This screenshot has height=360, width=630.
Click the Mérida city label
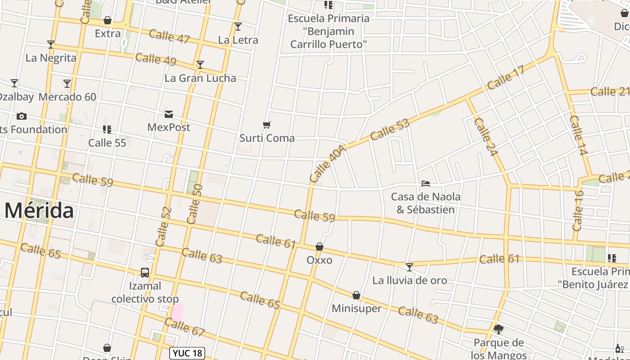pyautogui.click(x=39, y=211)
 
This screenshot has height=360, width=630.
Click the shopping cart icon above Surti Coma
pyautogui.click(x=267, y=125)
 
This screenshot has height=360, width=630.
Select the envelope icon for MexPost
pyautogui.click(x=169, y=114)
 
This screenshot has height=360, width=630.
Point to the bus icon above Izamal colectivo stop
pyautogui.click(x=145, y=273)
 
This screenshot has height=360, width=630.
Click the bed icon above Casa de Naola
pyautogui.click(x=426, y=183)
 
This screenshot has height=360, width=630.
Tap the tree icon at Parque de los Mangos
pyautogui.click(x=498, y=329)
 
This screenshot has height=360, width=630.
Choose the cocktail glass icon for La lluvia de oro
pyautogui.click(x=409, y=267)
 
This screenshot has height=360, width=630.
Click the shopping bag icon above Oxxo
pyautogui.click(x=319, y=247)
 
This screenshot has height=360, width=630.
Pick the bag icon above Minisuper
pyautogui.click(x=356, y=295)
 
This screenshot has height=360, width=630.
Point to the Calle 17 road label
pyautogui.click(x=506, y=77)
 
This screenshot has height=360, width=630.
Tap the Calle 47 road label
pyautogui.click(x=169, y=36)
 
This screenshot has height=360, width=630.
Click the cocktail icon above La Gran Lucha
pyautogui.click(x=200, y=65)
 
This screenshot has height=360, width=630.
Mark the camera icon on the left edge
pyautogui.click(x=21, y=117)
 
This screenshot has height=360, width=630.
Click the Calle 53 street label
pyautogui.click(x=390, y=129)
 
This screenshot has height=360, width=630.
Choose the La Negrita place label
pyautogui.click(x=51, y=58)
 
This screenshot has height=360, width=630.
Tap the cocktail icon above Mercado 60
pyautogui.click(x=67, y=84)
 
